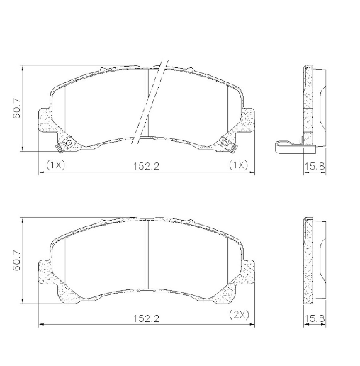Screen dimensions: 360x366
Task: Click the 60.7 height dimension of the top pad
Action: (17, 108)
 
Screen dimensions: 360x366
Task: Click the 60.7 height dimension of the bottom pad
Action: (17, 260)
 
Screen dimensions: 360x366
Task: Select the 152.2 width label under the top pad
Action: (147, 166)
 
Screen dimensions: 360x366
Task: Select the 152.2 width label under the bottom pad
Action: (147, 318)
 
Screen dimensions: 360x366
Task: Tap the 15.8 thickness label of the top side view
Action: (314, 166)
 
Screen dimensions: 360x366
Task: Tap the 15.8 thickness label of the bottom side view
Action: (314, 318)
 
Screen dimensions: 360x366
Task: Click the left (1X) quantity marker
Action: (55, 165)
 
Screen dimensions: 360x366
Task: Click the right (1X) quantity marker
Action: (239, 165)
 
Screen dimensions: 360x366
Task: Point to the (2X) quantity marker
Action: (239, 315)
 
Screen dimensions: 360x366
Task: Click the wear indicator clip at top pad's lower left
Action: (59, 148)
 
